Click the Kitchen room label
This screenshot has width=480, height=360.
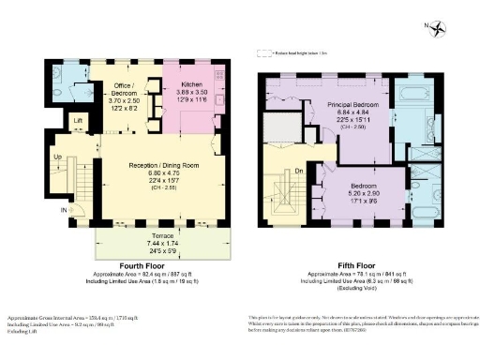pyautogui.click(x=191, y=83)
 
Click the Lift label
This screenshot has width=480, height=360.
pyautogui.click(x=80, y=122)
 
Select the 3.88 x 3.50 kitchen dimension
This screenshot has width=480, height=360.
pyautogui.click(x=191, y=92)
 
